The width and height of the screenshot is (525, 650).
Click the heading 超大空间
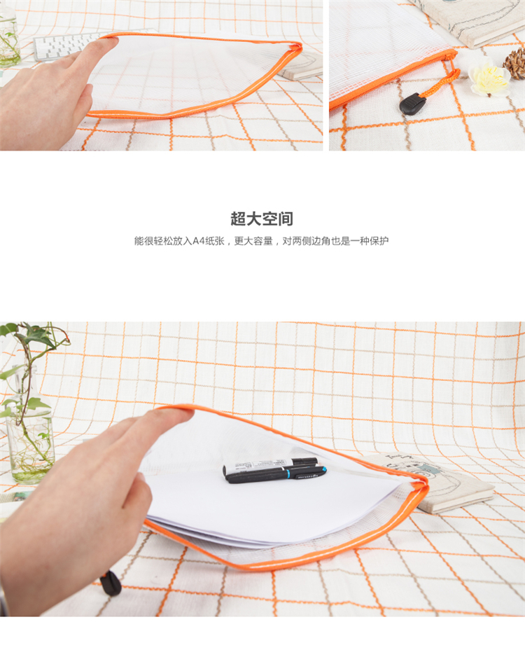click(262, 219)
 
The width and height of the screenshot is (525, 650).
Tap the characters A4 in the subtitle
click(199, 241)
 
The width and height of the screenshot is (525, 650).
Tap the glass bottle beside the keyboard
click(9, 39)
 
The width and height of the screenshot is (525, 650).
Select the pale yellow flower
click(489, 76)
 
